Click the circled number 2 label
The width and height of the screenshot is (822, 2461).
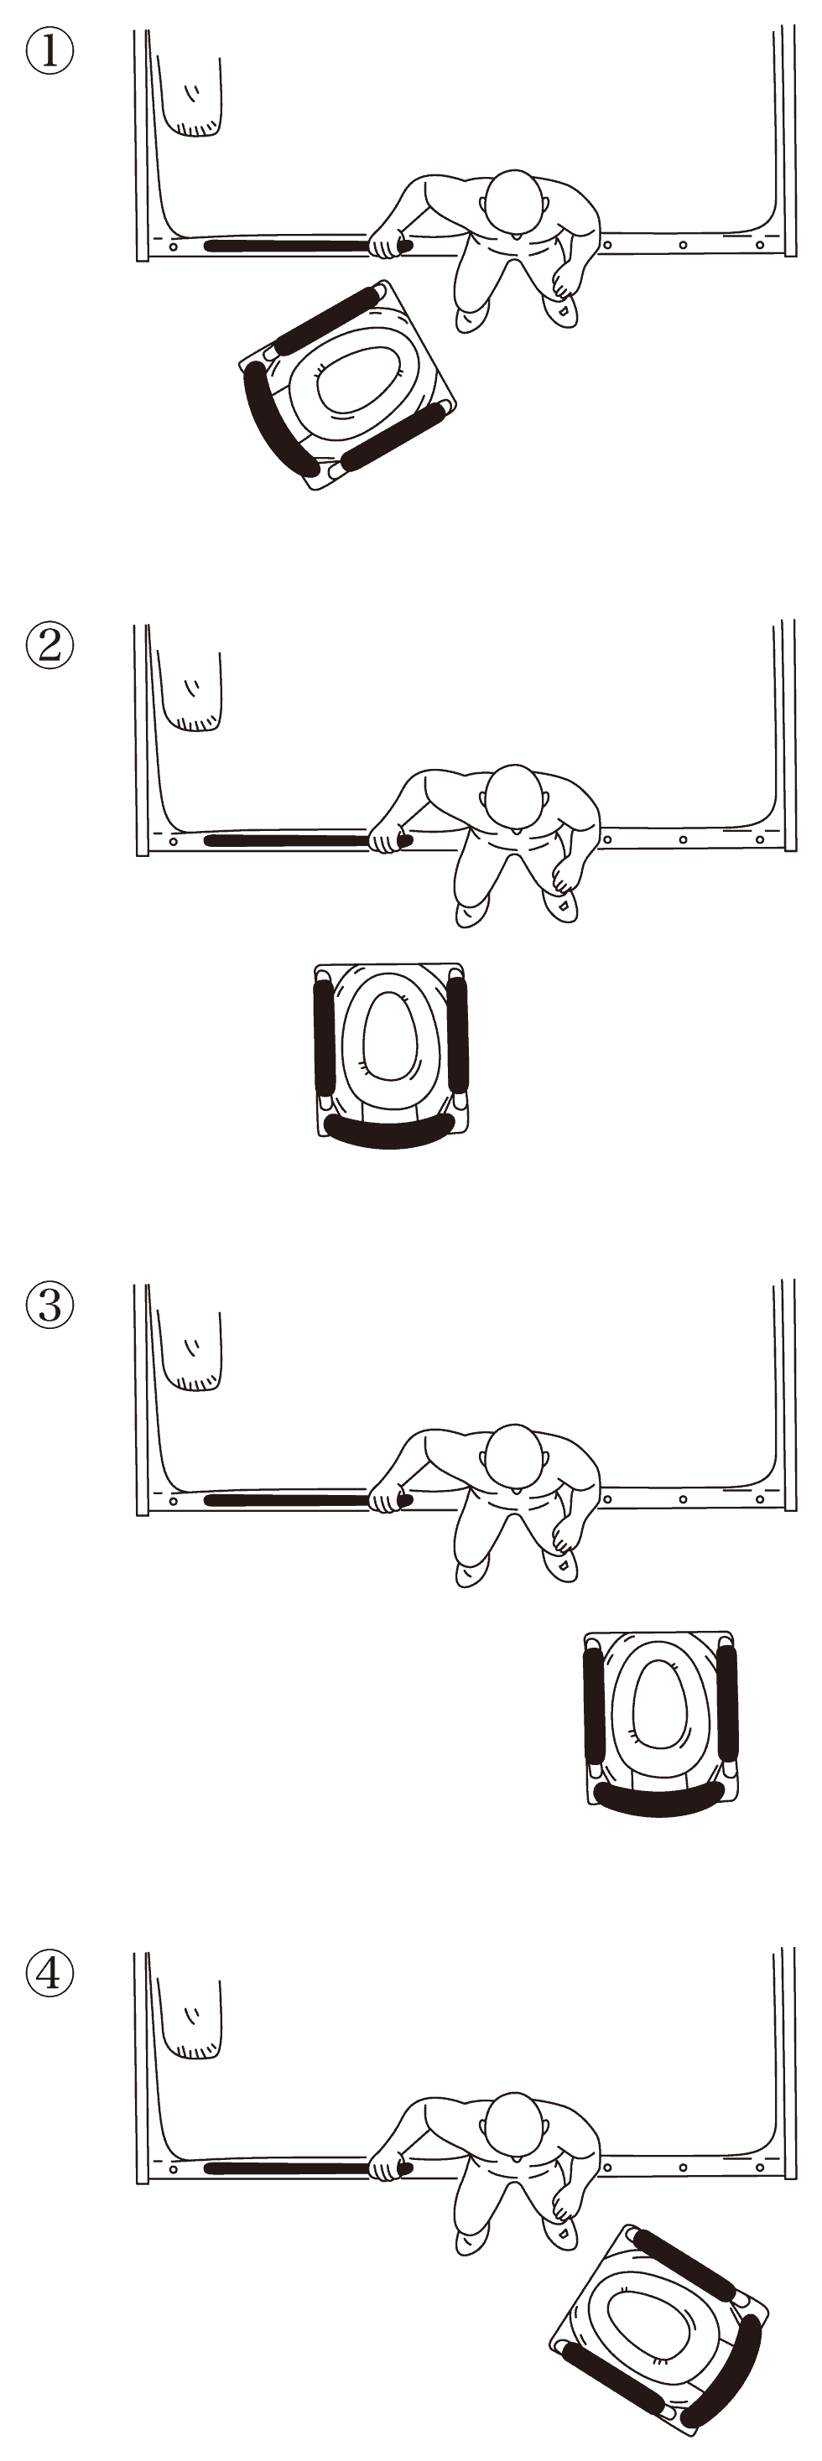[x=49, y=645]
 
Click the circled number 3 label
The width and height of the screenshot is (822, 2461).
[x=49, y=1304]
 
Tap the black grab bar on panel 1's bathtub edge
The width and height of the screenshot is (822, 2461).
[x=287, y=246]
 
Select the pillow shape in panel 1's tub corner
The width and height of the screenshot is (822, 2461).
[x=190, y=96]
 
